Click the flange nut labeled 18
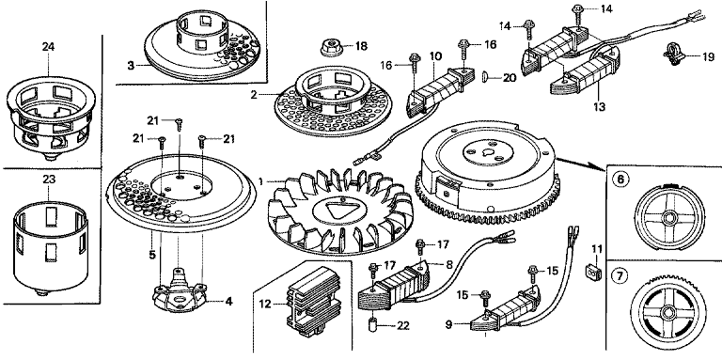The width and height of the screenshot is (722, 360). pos(331,48)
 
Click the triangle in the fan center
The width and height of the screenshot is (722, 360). pos(337,210)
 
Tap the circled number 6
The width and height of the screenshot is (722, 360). pos(620,179)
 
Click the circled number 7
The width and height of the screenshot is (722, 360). pos(620,275)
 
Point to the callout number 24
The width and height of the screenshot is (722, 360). pos(48,46)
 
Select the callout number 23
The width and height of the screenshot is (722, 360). pos(48,180)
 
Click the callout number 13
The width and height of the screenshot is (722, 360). pos(600,106)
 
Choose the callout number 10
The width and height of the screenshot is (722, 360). pos(435,56)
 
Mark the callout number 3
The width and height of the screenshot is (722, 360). pos(132,66)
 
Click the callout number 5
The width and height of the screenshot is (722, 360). pos(152,254)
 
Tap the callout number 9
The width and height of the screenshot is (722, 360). pos(448,325)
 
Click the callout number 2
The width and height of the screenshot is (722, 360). pos(254,95)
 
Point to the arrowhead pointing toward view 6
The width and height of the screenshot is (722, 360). pos(601,168)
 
